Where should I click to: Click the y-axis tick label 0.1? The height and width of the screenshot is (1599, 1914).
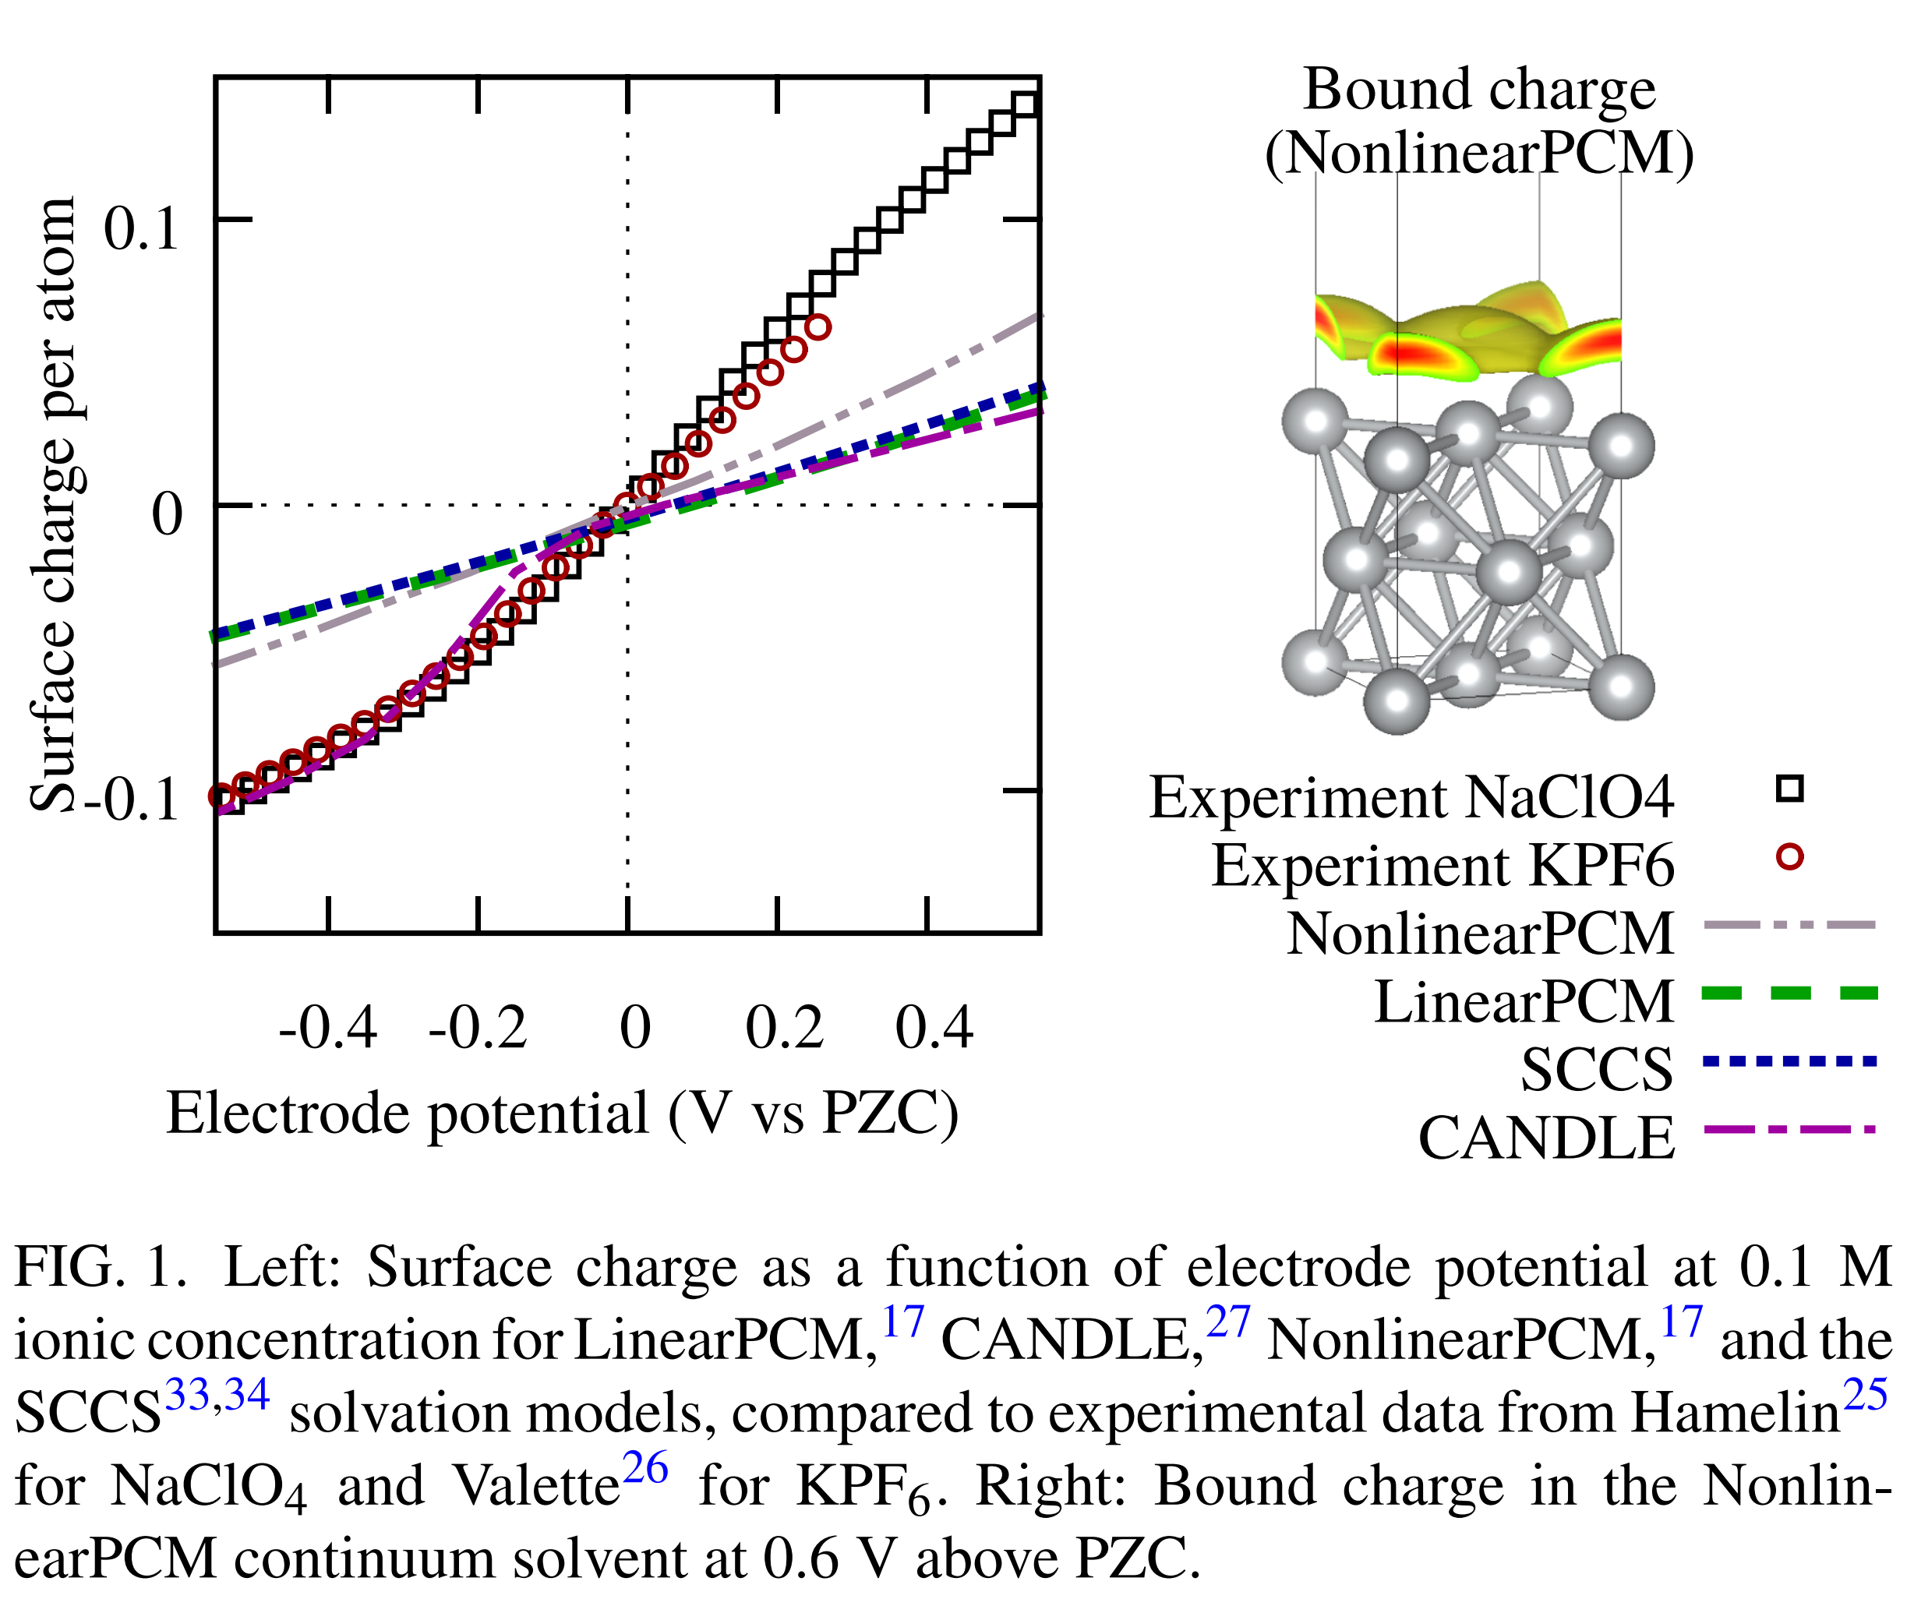click(x=141, y=227)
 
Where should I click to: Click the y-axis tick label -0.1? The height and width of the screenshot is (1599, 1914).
click(x=132, y=801)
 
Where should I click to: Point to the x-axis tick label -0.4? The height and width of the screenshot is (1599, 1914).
click(x=328, y=1028)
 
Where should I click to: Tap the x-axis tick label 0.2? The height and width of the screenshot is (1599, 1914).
click(x=785, y=1028)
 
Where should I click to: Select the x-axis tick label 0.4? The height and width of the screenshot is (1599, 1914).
click(x=934, y=1028)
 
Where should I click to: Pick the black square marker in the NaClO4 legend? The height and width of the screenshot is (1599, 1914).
click(x=1789, y=788)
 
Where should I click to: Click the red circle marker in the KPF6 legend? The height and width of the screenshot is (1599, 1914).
click(x=1789, y=857)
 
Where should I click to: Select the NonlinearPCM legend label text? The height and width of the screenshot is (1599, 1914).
click(x=1480, y=933)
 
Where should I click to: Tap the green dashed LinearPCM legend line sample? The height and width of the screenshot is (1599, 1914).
click(x=1789, y=993)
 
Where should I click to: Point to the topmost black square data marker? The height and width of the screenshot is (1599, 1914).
click(x=1026, y=103)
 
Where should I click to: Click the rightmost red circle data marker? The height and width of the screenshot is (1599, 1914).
click(x=818, y=327)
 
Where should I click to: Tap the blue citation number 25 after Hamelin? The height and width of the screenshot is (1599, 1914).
click(x=1865, y=1394)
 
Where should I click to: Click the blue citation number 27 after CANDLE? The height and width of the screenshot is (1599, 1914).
click(x=1227, y=1321)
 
